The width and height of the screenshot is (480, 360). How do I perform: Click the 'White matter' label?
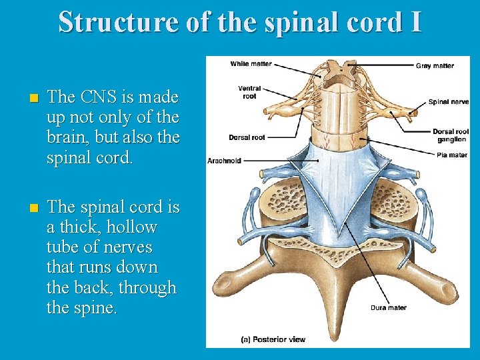click(x=251, y=64)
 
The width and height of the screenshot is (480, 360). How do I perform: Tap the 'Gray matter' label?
click(x=435, y=65)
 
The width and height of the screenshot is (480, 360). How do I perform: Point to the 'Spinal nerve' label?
click(x=448, y=102)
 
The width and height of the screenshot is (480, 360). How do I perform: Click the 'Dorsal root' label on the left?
click(x=247, y=137)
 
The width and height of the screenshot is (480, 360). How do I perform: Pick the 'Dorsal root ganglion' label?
click(x=451, y=135)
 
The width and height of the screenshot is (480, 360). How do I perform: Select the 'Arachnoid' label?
click(x=225, y=161)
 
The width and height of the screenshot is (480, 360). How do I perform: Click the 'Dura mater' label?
click(x=388, y=307)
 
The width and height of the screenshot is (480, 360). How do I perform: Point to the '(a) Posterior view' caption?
click(x=273, y=339)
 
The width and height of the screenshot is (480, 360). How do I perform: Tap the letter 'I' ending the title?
click(x=416, y=21)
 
